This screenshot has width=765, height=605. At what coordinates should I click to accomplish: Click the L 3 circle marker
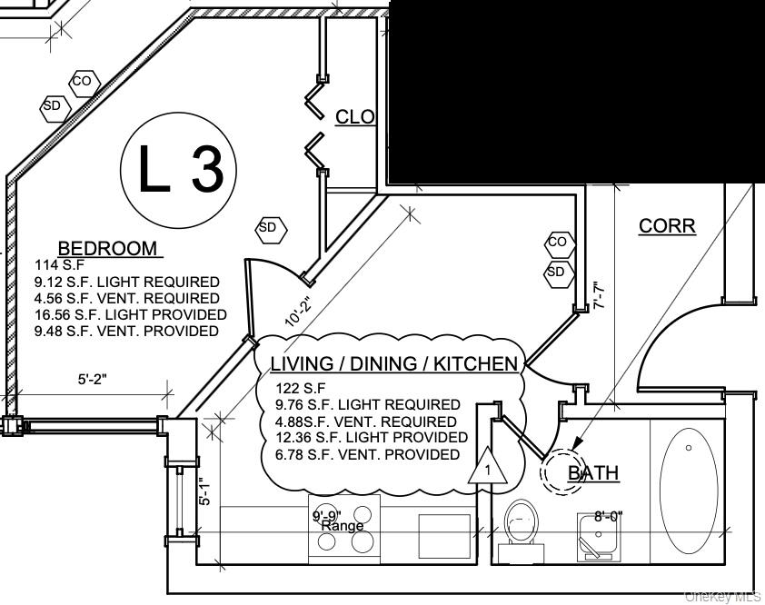coord(179,170)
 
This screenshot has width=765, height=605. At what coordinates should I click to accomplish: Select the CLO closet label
coord(355,117)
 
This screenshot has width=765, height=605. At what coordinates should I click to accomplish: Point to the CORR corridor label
coord(668,225)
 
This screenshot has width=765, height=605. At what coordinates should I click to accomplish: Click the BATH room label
coord(593,472)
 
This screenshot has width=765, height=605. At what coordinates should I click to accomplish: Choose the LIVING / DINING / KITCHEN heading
coord(393,364)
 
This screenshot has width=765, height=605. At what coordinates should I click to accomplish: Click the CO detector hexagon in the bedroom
coord(83,82)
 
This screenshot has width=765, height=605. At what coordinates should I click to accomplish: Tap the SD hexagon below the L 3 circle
coord(268,228)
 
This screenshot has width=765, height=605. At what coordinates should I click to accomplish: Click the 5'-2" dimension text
coord(93,380)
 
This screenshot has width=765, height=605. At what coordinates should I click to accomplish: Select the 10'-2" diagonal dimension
coord(299,312)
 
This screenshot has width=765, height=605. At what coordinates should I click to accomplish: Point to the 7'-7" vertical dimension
coord(599,297)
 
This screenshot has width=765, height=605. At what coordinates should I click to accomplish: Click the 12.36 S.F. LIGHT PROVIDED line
coord(372,438)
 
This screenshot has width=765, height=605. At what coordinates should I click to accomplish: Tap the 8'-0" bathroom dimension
coord(608,516)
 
